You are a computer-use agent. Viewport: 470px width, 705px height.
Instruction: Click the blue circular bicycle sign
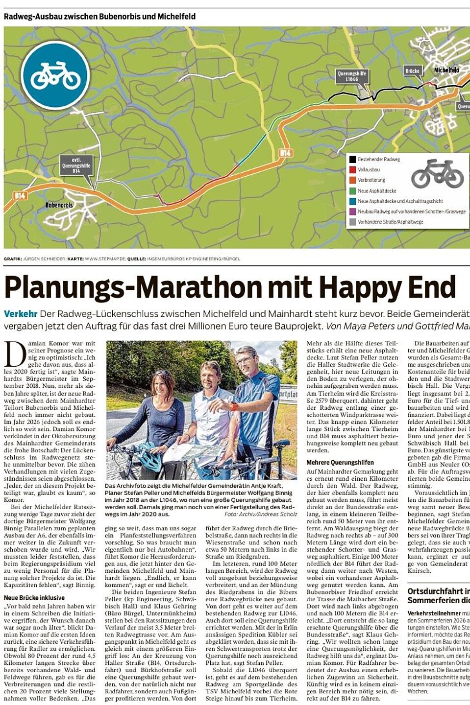(55, 75)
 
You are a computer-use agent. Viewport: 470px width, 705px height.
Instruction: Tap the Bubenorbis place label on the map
(59, 205)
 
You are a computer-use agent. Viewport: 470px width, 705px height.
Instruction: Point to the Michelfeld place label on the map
(446, 70)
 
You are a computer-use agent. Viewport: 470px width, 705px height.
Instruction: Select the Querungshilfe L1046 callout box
(352, 76)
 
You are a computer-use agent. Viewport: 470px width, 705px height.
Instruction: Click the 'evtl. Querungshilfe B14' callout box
(76, 165)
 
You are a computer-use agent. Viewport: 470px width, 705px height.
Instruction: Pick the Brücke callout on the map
(412, 70)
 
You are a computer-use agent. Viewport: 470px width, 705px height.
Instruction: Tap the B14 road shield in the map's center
(285, 153)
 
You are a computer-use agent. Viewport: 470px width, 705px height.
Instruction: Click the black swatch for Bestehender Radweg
(352, 159)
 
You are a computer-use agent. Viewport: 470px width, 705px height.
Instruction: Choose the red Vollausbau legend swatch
(352, 169)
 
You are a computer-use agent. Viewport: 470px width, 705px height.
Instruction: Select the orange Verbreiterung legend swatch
(352, 180)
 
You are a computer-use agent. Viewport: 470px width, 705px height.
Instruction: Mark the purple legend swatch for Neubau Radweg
(352, 211)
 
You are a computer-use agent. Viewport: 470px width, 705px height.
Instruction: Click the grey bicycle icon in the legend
(437, 174)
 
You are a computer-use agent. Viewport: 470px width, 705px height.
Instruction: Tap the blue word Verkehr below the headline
(21, 314)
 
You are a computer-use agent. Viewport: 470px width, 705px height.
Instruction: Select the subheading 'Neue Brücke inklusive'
(34, 598)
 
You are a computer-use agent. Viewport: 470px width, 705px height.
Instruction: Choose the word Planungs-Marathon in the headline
(133, 287)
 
